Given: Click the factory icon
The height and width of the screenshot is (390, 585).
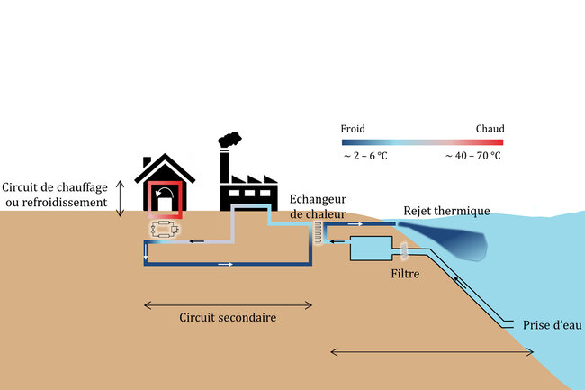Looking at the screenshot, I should point(247,185).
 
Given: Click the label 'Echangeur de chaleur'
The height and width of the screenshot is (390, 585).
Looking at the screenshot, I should point(318,206).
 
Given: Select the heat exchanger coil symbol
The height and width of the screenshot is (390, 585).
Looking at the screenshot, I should point(318,235).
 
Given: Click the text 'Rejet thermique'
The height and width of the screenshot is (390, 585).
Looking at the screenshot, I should point(446,211).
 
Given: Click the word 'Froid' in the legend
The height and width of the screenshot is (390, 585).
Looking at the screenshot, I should point(354,129).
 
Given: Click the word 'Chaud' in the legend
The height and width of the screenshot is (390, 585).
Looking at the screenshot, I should point(490,129).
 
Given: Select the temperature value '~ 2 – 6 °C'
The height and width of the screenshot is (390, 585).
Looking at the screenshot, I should point(365,156).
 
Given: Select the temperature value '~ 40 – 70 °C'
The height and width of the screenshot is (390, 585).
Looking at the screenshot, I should point(472,156).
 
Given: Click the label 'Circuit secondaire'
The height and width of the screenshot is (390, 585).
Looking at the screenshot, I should point(228,318).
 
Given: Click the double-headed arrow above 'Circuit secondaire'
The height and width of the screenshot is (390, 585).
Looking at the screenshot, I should point(229,304).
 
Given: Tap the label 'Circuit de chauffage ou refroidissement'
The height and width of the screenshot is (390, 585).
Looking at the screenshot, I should point(55,194).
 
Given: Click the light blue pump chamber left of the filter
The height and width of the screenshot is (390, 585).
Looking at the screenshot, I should point(368,249).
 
